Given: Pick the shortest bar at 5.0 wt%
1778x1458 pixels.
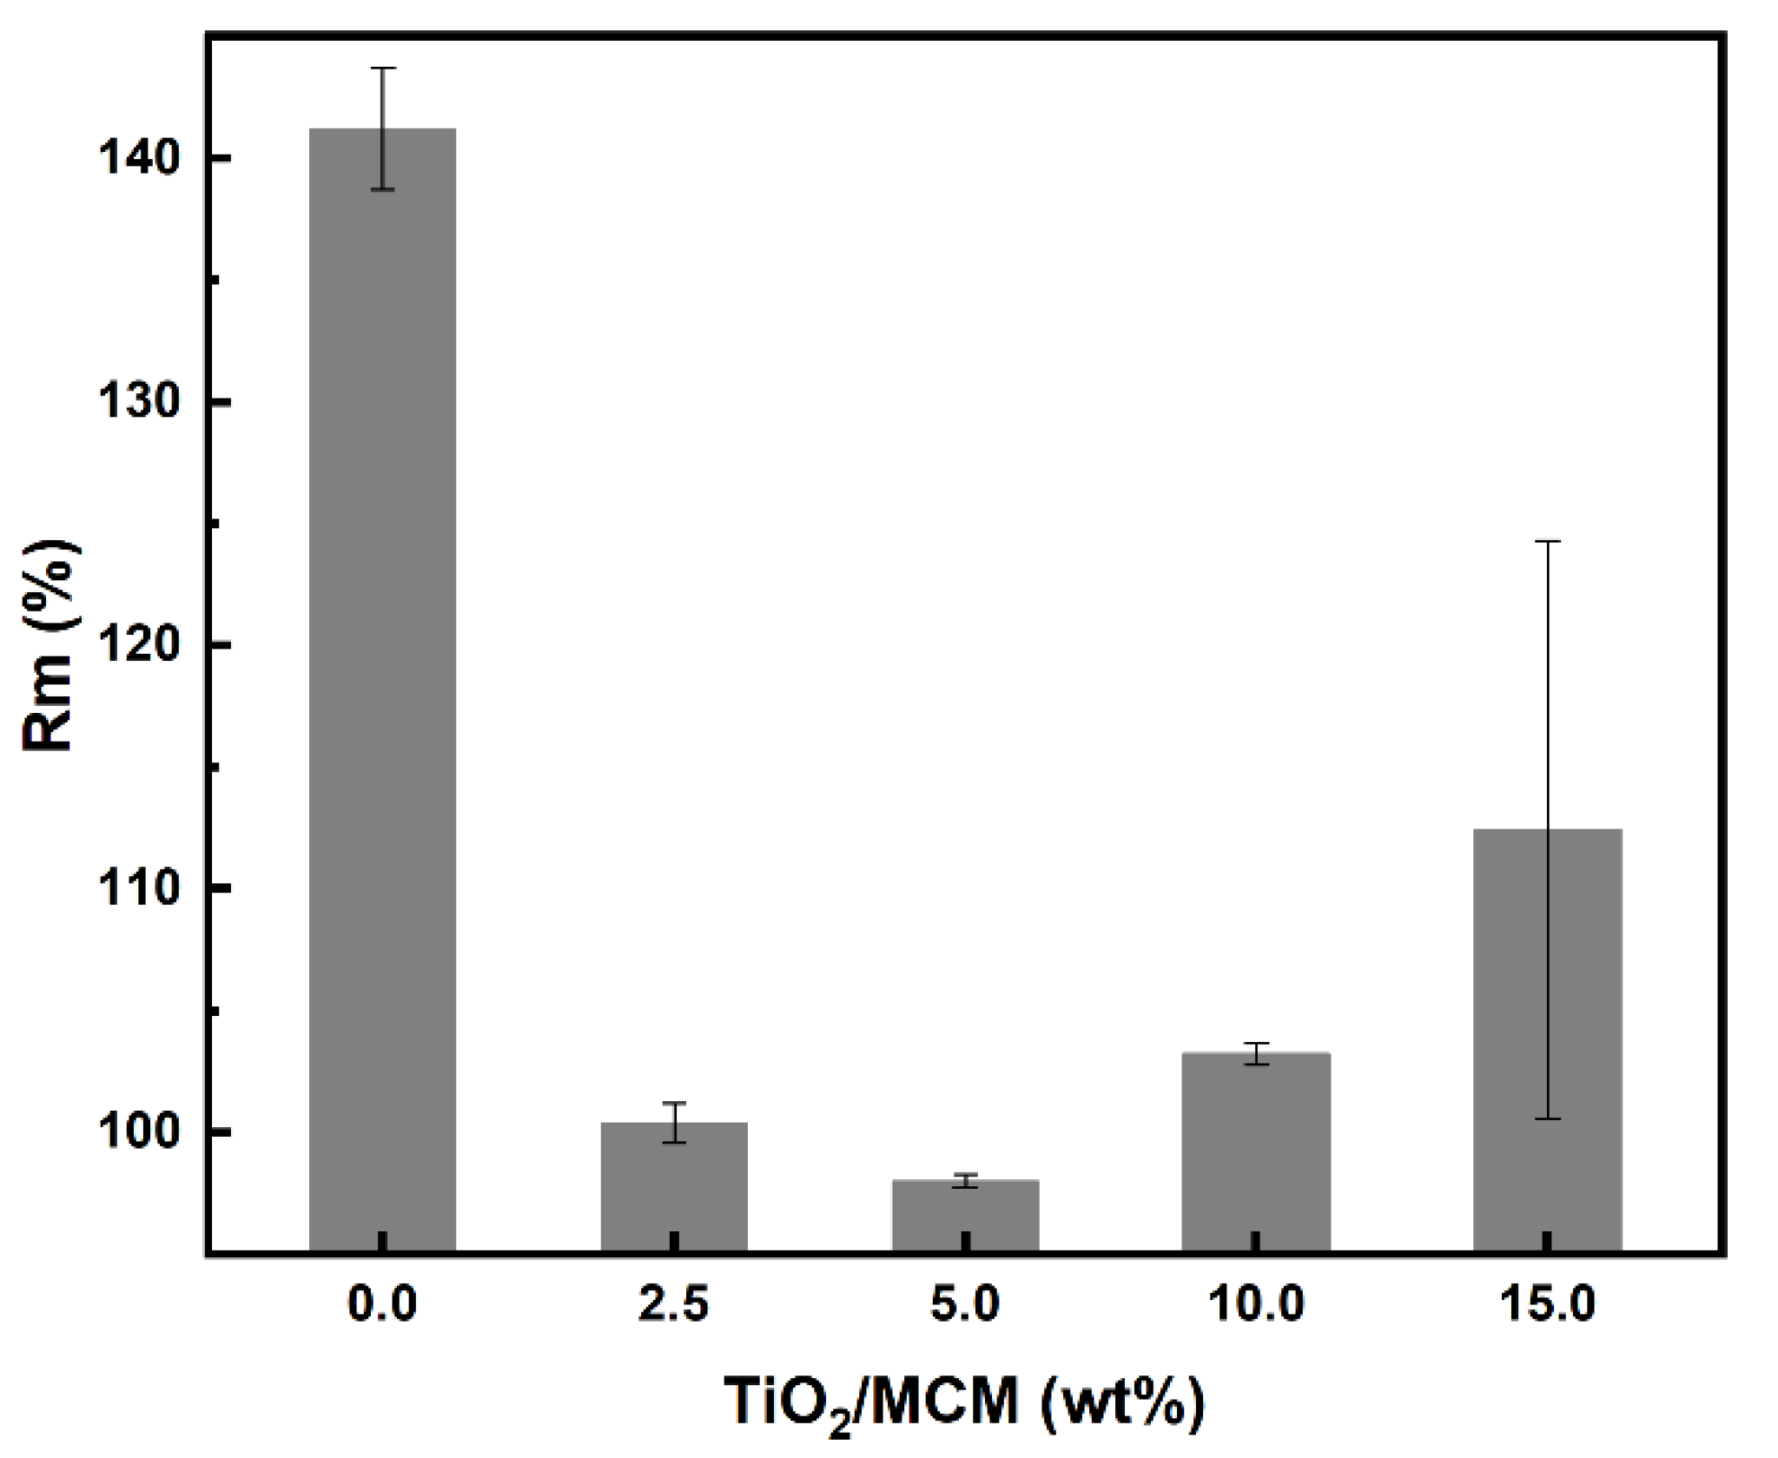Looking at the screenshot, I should [965, 1215].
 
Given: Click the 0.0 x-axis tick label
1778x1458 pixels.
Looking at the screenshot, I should [382, 1304].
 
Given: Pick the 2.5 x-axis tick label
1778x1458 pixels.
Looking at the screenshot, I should [674, 1304].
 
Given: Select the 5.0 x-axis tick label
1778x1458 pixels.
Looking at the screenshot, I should [965, 1304].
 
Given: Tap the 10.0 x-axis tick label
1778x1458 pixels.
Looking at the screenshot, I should [1255, 1304].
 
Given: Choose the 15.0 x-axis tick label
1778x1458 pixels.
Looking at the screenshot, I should [1547, 1304].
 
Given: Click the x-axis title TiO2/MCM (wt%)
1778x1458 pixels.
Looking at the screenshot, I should [965, 1402].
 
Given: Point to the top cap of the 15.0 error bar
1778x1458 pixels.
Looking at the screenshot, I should [1547, 541].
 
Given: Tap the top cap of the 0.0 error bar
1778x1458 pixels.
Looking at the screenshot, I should [383, 68].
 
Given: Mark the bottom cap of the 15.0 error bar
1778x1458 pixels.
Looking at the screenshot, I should [1547, 1118].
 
